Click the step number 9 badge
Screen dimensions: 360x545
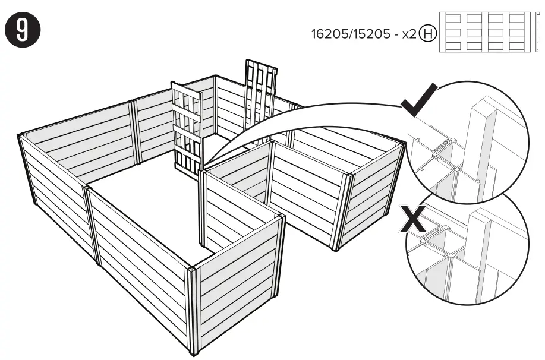click(x=21, y=29)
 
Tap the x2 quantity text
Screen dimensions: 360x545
click(x=409, y=33)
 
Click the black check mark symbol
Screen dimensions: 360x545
click(x=419, y=101)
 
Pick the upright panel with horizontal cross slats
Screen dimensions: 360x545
click(x=186, y=131)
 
